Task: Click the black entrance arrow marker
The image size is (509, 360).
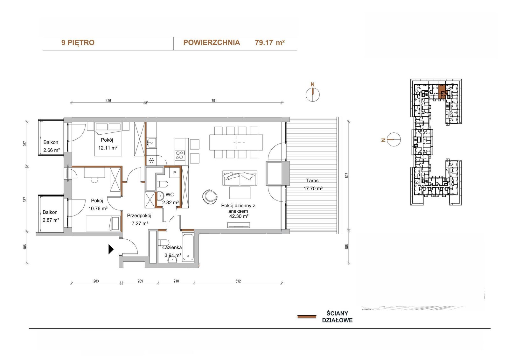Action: pyautogui.click(x=111, y=249)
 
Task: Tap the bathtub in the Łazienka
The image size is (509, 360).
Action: pyautogui.click(x=188, y=247)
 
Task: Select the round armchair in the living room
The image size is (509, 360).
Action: pyautogui.click(x=210, y=196)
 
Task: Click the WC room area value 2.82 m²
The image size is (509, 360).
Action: pyautogui.click(x=171, y=202)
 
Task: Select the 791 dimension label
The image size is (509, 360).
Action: pyautogui.click(x=214, y=101)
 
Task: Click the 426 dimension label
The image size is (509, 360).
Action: pyautogui.click(x=108, y=101)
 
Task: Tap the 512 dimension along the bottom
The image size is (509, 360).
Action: pyautogui.click(x=238, y=281)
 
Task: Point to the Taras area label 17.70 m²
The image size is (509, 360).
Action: pyautogui.click(x=313, y=188)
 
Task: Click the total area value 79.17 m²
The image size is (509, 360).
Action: pyautogui.click(x=270, y=43)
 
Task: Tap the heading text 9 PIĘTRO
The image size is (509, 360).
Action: pyautogui.click(x=78, y=43)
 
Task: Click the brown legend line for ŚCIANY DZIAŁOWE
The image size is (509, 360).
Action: pyautogui.click(x=307, y=317)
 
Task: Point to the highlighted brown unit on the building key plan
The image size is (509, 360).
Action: pyautogui.click(x=442, y=91)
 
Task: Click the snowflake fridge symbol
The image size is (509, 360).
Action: pyautogui.click(x=151, y=161)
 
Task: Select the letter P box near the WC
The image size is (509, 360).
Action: pyautogui.click(x=175, y=173)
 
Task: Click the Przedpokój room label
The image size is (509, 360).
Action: pyautogui.click(x=139, y=215)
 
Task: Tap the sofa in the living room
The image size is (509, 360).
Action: pyautogui.click(x=240, y=178)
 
